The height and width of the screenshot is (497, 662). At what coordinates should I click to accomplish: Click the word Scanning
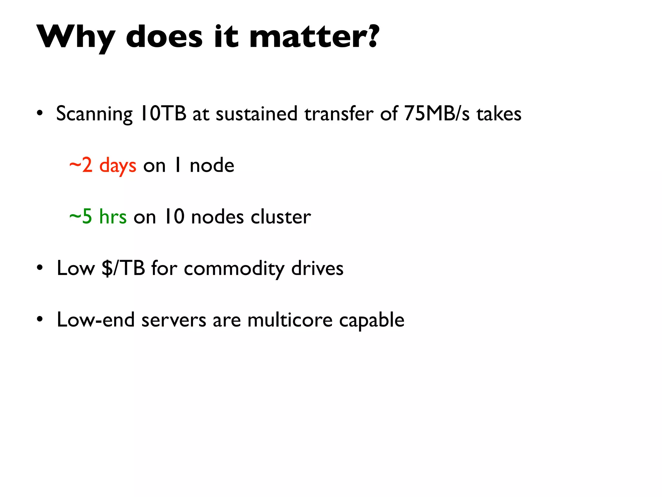pyautogui.click(x=94, y=114)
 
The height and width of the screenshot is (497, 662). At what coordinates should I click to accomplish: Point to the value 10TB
pyautogui.click(x=163, y=114)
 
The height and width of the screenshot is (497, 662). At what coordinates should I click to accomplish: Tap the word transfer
pyautogui.click(x=339, y=114)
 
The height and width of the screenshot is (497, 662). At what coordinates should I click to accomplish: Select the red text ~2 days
pyautogui.click(x=103, y=165)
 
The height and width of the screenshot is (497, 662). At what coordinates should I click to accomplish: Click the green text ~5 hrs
pyautogui.click(x=98, y=216)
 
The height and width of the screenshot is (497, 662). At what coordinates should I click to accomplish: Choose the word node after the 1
pyautogui.click(x=212, y=165)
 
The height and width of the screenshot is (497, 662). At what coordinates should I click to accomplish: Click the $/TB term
pyautogui.click(x=123, y=268)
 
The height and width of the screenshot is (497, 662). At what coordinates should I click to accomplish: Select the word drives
pyautogui.click(x=317, y=268)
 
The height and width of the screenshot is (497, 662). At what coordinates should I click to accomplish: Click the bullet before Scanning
pyautogui.click(x=39, y=114)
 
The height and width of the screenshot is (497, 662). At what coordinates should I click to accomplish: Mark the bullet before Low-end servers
pyautogui.click(x=39, y=319)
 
